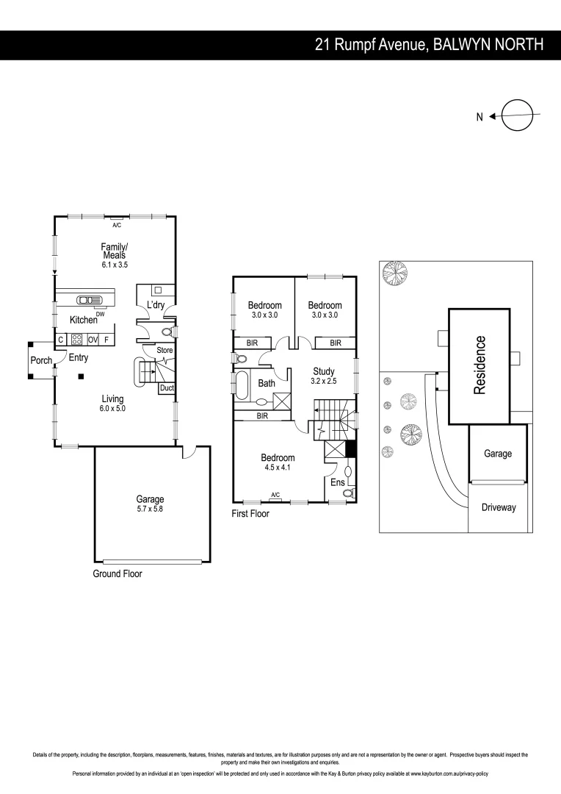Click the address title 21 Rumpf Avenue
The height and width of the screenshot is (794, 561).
430,45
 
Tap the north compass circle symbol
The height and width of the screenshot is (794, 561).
517,115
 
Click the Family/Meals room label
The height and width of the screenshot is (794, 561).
115,251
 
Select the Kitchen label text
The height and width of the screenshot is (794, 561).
84,320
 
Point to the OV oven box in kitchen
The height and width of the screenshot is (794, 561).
93,340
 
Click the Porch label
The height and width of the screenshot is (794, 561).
41,360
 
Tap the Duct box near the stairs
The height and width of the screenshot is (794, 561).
166,387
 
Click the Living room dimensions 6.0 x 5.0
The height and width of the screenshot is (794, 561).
114,408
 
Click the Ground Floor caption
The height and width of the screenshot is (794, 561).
117,573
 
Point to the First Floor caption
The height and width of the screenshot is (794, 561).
250,514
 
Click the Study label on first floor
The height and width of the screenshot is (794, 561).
323,372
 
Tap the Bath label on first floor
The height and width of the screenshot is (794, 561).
267,383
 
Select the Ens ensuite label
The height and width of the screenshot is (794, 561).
337,482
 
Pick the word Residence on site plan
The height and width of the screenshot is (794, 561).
480,365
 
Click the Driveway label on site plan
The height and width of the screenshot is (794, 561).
499,507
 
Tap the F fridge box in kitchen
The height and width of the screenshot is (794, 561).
106,340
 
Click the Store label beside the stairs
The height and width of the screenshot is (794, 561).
164,350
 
